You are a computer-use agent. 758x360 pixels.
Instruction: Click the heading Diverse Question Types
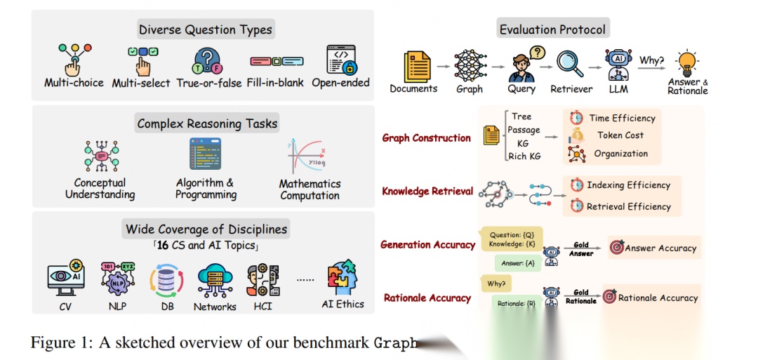tap(206, 29)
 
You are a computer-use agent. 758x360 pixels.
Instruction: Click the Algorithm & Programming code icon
tap(205, 154)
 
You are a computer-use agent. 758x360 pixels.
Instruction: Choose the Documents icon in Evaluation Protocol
tap(413, 65)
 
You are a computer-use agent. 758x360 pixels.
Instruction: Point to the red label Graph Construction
tap(426, 138)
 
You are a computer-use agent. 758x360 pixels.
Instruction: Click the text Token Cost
tap(620, 135)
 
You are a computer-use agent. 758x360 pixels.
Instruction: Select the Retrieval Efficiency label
tap(628, 206)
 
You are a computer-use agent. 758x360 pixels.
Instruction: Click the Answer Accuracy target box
tap(653, 248)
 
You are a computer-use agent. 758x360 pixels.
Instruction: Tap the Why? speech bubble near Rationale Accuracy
tap(496, 284)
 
